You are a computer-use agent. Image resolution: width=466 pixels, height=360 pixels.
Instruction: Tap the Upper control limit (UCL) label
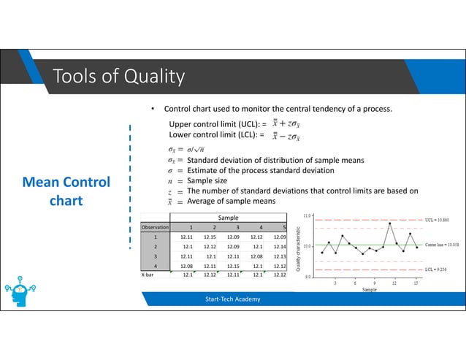click(x=215, y=126)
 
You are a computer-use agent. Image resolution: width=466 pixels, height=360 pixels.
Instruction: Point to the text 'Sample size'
click(x=207, y=180)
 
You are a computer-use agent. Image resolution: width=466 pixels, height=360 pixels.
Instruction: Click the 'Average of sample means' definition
click(x=232, y=201)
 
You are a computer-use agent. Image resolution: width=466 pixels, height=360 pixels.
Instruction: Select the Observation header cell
click(x=155, y=227)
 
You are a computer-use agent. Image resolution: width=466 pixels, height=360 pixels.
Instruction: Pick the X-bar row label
click(x=153, y=276)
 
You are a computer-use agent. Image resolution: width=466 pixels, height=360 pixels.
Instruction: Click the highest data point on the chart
click(x=390, y=223)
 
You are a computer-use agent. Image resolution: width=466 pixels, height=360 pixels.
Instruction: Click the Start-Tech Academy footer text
click(x=232, y=299)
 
